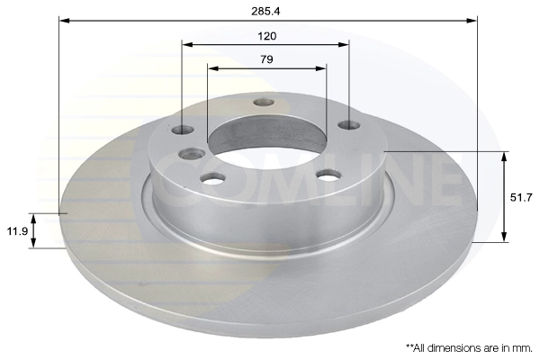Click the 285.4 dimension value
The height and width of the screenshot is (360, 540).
pos(265,12)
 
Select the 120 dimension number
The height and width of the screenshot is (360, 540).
pos(267,36)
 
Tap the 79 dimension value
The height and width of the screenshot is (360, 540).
pos(266,59)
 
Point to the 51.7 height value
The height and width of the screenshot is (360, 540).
pos(521,198)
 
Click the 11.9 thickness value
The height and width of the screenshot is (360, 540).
pos(17,230)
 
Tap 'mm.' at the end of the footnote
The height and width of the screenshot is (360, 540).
pos(525,348)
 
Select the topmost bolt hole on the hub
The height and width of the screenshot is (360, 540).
pos(264,103)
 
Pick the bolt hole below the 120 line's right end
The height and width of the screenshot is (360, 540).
pos(349,125)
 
